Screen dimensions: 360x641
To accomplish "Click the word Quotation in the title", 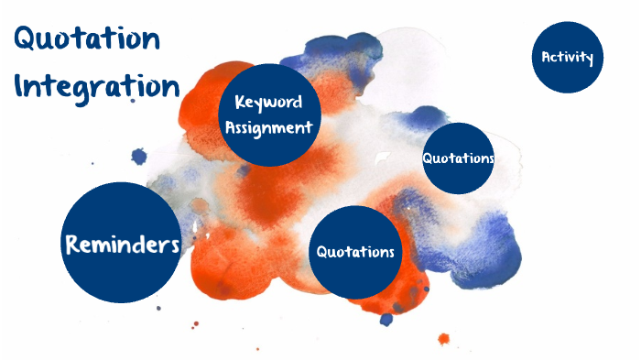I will pyautogui.click(x=88, y=39).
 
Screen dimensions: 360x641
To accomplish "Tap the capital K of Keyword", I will pyautogui.click(x=240, y=103).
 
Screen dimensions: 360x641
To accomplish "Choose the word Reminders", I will pyautogui.click(x=121, y=245).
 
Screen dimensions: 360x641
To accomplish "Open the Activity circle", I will pyautogui.click(x=568, y=58).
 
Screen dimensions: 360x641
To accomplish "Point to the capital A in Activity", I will pyautogui.click(x=547, y=58).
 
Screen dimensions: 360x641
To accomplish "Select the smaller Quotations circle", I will pyautogui.click(x=459, y=158).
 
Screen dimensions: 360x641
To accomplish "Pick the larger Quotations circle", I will pyautogui.click(x=355, y=252).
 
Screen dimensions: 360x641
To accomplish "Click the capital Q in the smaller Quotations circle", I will pyautogui.click(x=428, y=158).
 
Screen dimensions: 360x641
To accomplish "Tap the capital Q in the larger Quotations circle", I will pyautogui.click(x=322, y=252).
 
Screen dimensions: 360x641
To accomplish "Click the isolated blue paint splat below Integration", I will pyautogui.click(x=139, y=157).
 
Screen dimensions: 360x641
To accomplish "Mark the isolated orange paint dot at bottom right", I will pyautogui.click(x=444, y=339).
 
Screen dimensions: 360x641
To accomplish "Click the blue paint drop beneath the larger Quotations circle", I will pyautogui.click(x=386, y=320).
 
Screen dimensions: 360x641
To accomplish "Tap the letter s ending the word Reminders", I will pyautogui.click(x=174, y=245).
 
